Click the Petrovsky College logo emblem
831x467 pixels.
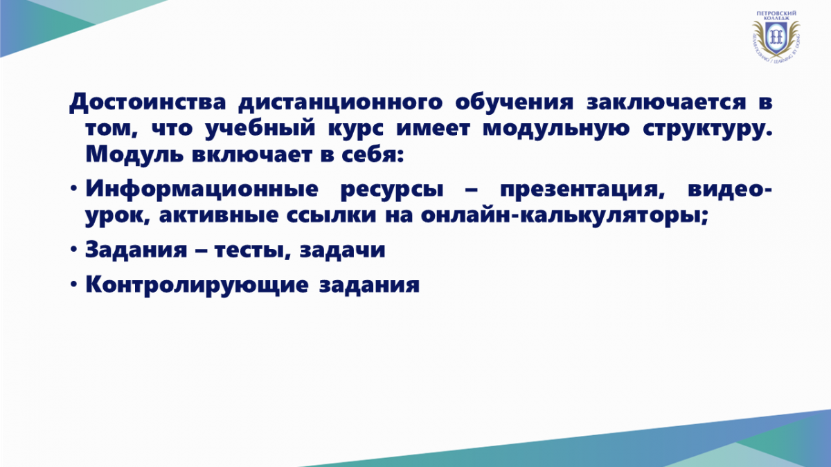click(x=776, y=36)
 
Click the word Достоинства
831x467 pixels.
click(x=148, y=102)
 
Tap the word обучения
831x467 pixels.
click(x=514, y=102)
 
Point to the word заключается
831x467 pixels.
click(x=666, y=102)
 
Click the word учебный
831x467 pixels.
click(x=260, y=129)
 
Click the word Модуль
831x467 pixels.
click(x=134, y=155)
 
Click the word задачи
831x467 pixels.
click(x=342, y=250)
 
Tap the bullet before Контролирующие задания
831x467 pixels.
click(x=73, y=284)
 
